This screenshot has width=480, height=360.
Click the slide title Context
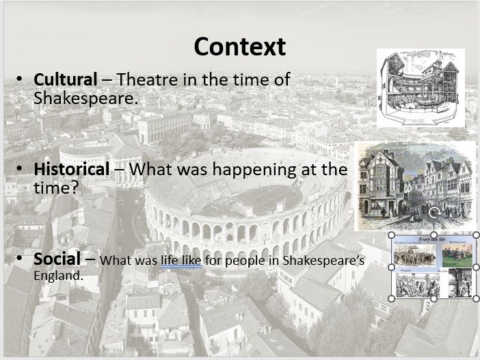pos(239,47)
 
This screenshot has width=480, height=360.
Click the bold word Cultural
pos(66,80)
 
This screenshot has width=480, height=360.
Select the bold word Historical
pos(72,169)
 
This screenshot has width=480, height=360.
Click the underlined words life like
pos(181,261)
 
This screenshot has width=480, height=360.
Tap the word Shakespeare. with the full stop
pos(85,99)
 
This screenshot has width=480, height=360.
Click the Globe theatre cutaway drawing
pos(420,88)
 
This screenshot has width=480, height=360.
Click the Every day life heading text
pos(434,240)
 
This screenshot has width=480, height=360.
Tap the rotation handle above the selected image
pos(434,213)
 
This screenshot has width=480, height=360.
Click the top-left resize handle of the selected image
pos(391,235)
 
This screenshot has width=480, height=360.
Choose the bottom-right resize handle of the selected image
pos(476,298)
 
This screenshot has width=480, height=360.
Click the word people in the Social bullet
pos(245,261)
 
